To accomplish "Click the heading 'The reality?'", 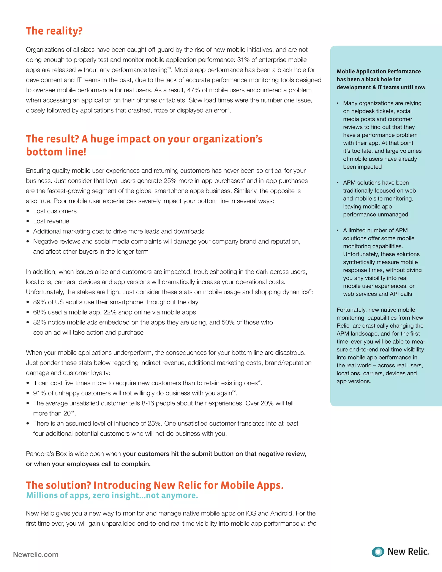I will point(54,31).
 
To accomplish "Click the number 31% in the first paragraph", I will point(243,60).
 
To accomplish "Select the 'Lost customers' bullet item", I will point(55,211).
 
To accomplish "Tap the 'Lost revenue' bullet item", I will point(51,221).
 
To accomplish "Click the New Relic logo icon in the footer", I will point(378,552).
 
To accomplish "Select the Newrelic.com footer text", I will point(36,555).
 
